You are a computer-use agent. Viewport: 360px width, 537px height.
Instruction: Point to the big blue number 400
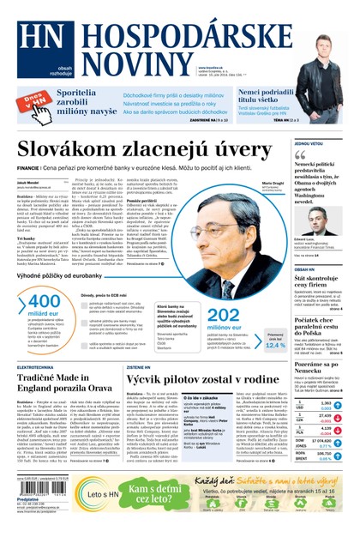[x=45, y=302]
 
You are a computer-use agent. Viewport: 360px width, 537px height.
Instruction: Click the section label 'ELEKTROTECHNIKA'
[x=38, y=365]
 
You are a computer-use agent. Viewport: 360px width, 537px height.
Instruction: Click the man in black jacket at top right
[x=327, y=68]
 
